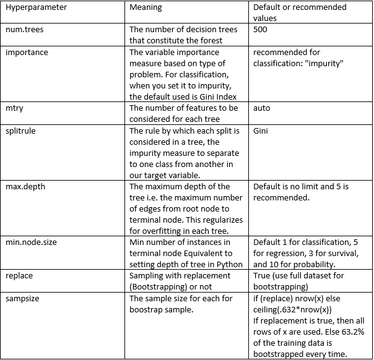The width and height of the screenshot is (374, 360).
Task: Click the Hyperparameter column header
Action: click(x=37, y=7)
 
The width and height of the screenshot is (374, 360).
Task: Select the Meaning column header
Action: click(x=146, y=7)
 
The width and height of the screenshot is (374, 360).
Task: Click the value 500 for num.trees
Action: click(x=262, y=30)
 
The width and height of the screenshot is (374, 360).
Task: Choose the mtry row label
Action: click(x=15, y=108)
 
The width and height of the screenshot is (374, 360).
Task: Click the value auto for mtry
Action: click(x=262, y=108)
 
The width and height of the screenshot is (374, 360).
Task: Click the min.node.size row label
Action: click(x=31, y=242)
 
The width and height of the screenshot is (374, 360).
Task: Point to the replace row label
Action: click(x=19, y=275)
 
